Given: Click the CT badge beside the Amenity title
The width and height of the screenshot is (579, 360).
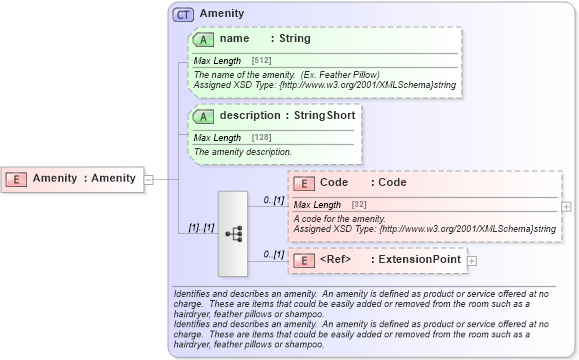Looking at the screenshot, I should (183, 15).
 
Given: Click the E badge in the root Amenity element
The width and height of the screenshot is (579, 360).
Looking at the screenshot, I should (17, 178).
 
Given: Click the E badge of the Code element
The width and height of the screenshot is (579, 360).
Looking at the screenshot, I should (304, 183).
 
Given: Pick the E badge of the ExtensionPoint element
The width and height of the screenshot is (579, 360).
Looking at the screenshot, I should (304, 260).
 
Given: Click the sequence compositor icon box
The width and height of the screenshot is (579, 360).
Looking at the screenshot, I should (233, 233).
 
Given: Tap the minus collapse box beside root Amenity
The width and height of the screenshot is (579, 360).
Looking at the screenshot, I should (149, 179).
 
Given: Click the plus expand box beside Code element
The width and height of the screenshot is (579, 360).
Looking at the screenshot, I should (567, 206).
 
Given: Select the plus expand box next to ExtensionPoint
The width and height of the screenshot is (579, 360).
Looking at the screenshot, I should (472, 260).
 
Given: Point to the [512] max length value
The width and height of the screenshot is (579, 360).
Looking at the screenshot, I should (263, 62).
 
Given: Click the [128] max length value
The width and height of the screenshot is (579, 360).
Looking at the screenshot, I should (263, 138).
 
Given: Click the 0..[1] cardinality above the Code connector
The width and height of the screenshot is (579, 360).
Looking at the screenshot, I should (272, 200).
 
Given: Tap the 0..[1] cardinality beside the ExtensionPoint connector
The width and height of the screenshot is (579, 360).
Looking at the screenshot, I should (272, 254).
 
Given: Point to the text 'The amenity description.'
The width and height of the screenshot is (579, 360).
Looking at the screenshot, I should (243, 152).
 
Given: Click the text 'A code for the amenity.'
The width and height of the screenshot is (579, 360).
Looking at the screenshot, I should (340, 218).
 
